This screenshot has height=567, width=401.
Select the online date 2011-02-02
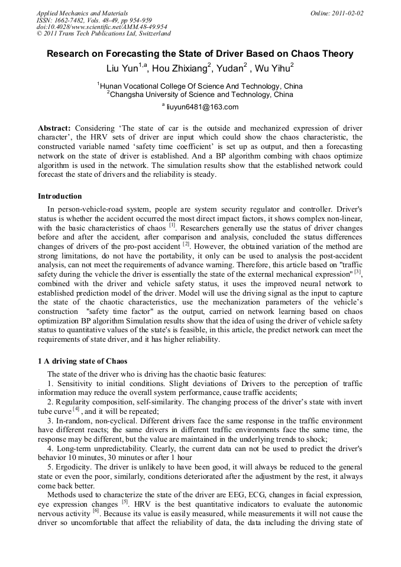coord(348,12)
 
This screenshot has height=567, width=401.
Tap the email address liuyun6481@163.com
coord(202,107)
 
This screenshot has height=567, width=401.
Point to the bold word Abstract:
coord(54,128)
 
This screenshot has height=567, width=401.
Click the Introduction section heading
coord(60,196)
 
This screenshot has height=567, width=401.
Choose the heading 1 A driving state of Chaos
coord(82,361)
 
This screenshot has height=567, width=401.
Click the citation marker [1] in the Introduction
coord(172,225)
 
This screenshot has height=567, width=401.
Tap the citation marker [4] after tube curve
coord(75,410)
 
